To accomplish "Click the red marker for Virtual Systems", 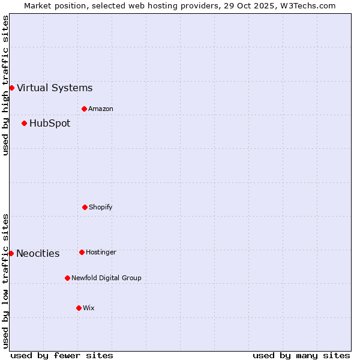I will tap(11, 88).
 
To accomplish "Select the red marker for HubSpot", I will tap(24, 124).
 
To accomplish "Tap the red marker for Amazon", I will tap(84, 109).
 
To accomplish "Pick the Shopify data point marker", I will tap(85, 208).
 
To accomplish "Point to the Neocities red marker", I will tap(11, 254).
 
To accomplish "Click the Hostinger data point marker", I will tap(82, 253).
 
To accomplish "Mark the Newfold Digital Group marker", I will tap(67, 278).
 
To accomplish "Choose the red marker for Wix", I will tap(79, 308).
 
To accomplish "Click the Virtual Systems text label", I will tap(55, 88).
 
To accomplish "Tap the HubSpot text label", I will tap(50, 124).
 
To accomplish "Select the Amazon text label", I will tap(101, 109).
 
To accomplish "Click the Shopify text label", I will tap(101, 208).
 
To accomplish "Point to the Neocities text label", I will tap(38, 254).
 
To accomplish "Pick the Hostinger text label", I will tap(101, 253).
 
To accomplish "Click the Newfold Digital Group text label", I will tap(106, 278).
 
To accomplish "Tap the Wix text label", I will tap(89, 308).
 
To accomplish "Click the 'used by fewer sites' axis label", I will tap(62, 356).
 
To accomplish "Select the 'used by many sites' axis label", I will tap(301, 356).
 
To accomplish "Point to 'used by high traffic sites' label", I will tap(5, 85).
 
